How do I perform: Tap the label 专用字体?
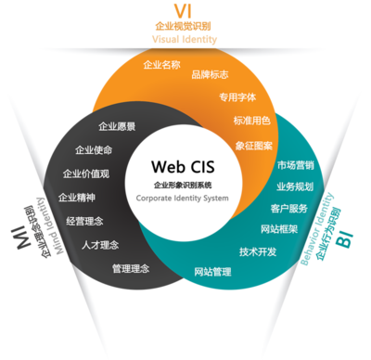237,96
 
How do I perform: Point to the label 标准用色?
251,121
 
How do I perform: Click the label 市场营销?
295,165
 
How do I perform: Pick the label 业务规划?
295,186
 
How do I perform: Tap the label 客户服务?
288,208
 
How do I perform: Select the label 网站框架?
280,228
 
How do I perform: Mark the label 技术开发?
258,251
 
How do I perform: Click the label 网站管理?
212,271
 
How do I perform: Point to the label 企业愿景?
117,125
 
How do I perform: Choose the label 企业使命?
94,149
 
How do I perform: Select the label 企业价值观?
85,174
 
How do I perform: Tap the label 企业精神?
77,197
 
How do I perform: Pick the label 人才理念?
101,245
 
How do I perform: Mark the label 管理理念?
131,268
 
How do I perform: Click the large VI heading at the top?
182,10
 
